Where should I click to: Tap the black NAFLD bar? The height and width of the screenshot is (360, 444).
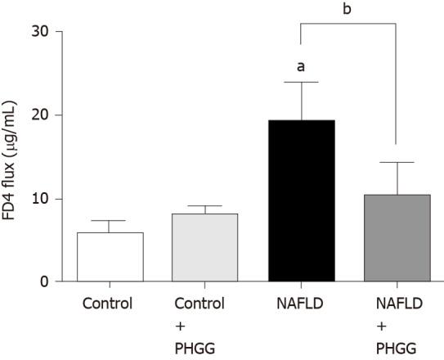[x=301, y=201]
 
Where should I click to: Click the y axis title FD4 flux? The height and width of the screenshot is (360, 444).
[x=12, y=155]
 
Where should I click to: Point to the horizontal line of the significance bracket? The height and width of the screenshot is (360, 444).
[x=348, y=24]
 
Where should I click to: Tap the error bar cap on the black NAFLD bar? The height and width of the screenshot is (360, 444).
[x=301, y=82]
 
